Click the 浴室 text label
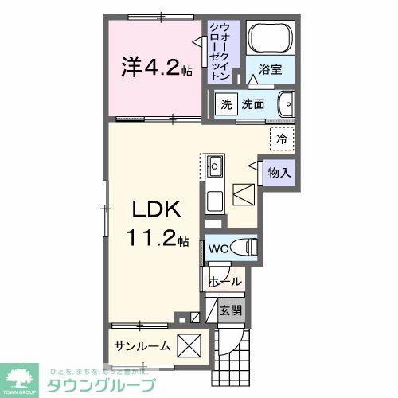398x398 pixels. pyautogui.click(x=271, y=70)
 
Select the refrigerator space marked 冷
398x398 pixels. pyautogui.click(x=281, y=139)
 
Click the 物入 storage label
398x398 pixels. pyautogui.click(x=279, y=171)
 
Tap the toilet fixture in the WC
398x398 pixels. pyautogui.click(x=245, y=248)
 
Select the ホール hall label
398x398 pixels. pyautogui.click(x=224, y=281)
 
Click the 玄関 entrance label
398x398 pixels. pyautogui.click(x=230, y=310)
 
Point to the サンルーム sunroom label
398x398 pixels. pyautogui.click(x=142, y=346)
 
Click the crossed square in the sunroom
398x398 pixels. pyautogui.click(x=189, y=347)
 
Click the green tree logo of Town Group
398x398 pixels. pyautogui.click(x=23, y=378)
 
